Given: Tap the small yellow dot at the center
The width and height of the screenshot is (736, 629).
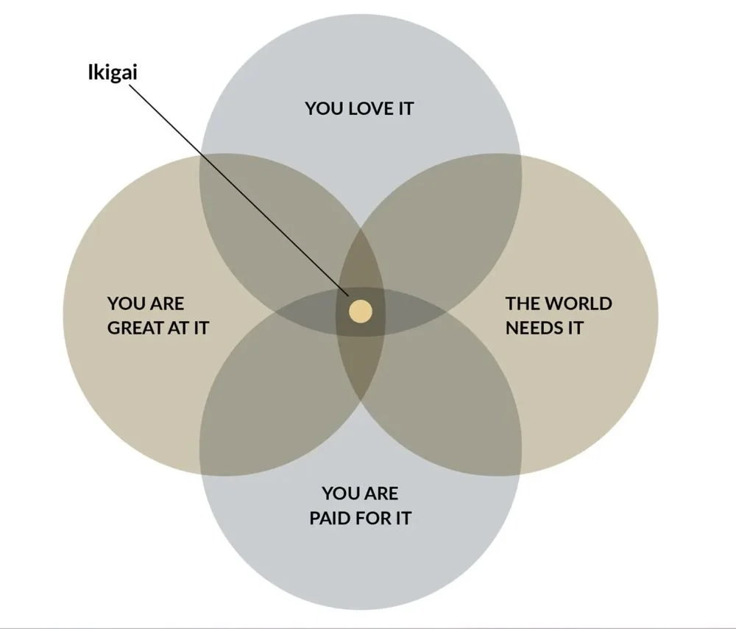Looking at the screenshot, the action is pyautogui.click(x=360, y=311).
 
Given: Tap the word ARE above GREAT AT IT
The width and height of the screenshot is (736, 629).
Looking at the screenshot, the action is pyautogui.click(x=168, y=303).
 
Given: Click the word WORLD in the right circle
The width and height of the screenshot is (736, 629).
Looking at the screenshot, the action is pyautogui.click(x=578, y=303).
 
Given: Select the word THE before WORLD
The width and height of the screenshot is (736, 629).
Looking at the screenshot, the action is pyautogui.click(x=523, y=303).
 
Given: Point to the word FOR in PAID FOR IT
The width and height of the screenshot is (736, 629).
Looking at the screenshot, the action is pyautogui.click(x=375, y=518).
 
